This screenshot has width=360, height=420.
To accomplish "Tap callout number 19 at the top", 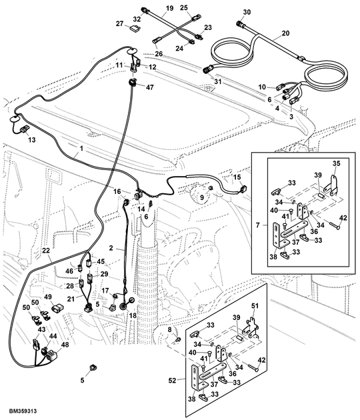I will (169, 7).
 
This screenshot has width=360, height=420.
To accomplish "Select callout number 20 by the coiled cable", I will (286, 33).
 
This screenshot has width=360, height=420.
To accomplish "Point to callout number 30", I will (247, 12).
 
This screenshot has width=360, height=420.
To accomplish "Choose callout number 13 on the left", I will (31, 139).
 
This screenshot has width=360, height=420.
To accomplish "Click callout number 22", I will (46, 251).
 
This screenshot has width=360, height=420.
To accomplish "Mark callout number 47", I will (149, 87).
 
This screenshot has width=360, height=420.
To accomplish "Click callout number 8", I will (170, 330).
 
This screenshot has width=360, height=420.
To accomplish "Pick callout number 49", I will (48, 297).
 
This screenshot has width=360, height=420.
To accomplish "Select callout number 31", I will (217, 81).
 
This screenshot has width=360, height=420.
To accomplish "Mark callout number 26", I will (159, 53).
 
